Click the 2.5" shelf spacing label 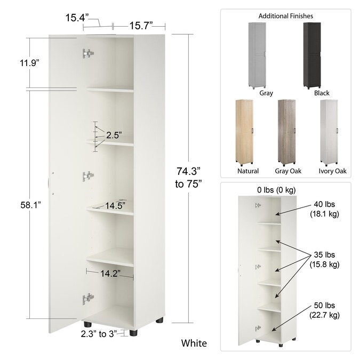(x=113, y=135)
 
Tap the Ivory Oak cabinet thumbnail (x=329, y=131)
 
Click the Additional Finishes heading (x=285, y=17)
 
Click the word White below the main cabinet (x=194, y=343)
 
